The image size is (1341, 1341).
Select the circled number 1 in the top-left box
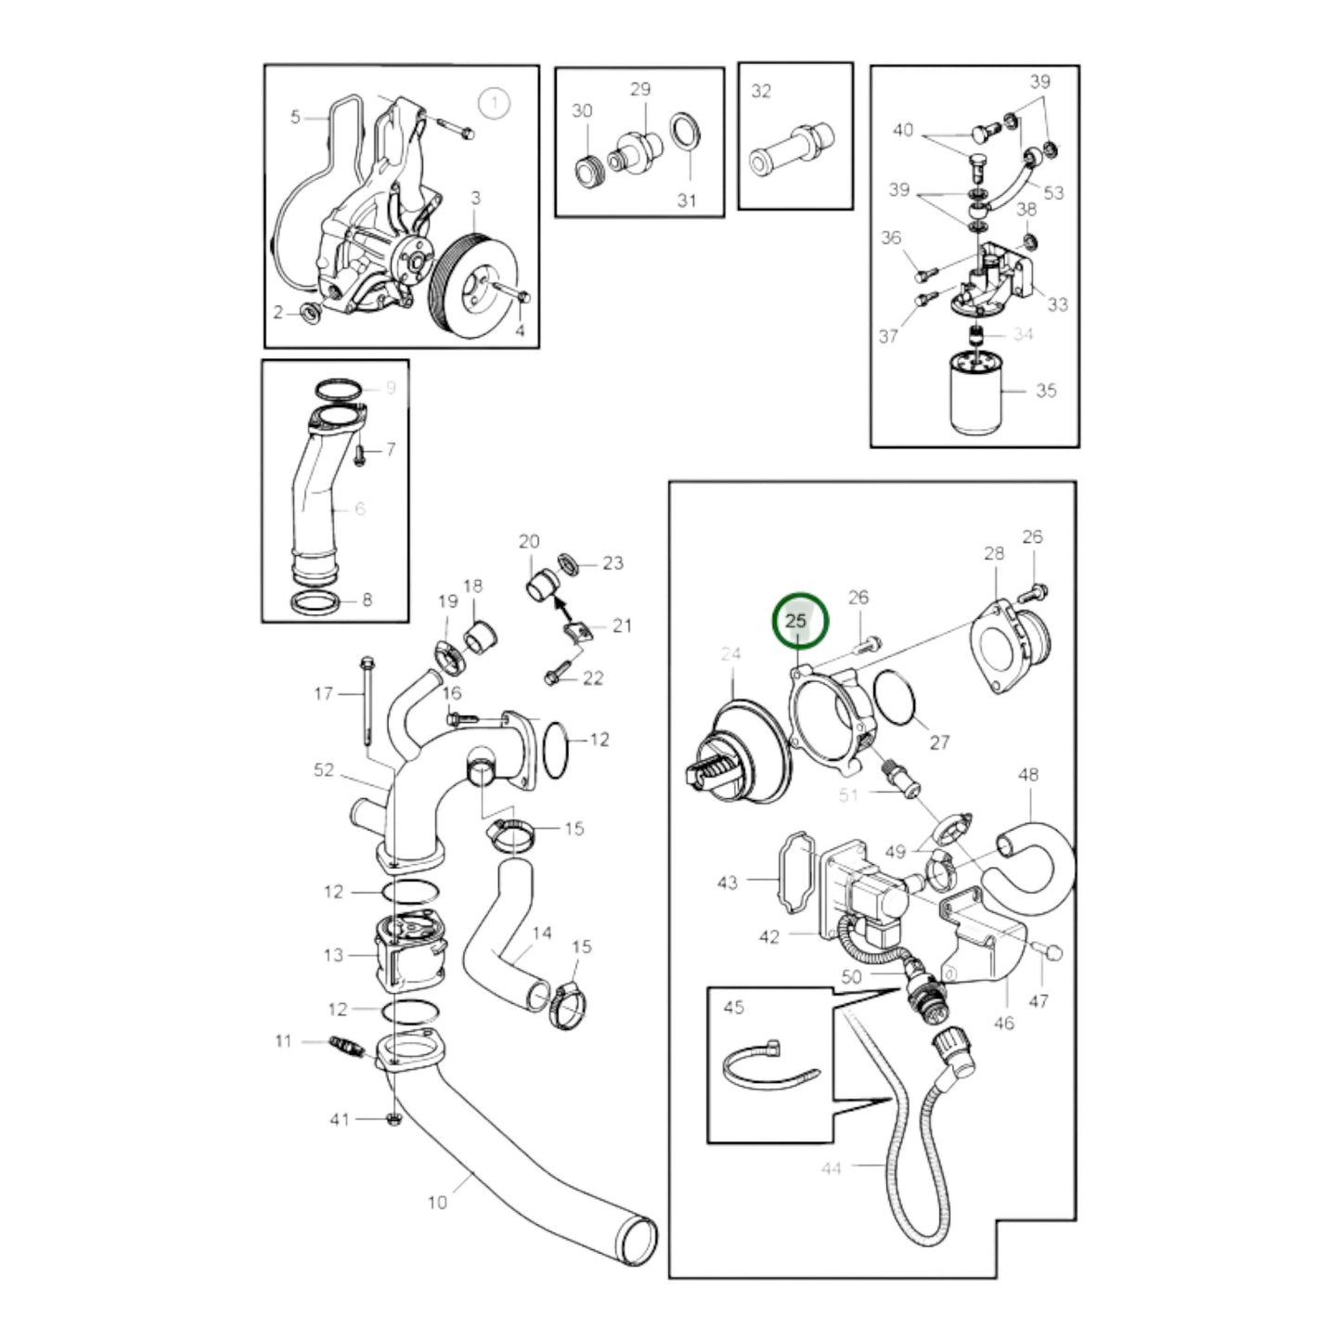tap(495, 104)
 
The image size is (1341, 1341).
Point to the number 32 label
tap(761, 91)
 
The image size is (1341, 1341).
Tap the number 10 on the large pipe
tap(437, 1203)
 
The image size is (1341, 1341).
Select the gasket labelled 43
tap(796, 870)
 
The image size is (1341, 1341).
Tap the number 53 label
tap(1053, 193)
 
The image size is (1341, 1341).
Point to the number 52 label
tap(324, 769)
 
